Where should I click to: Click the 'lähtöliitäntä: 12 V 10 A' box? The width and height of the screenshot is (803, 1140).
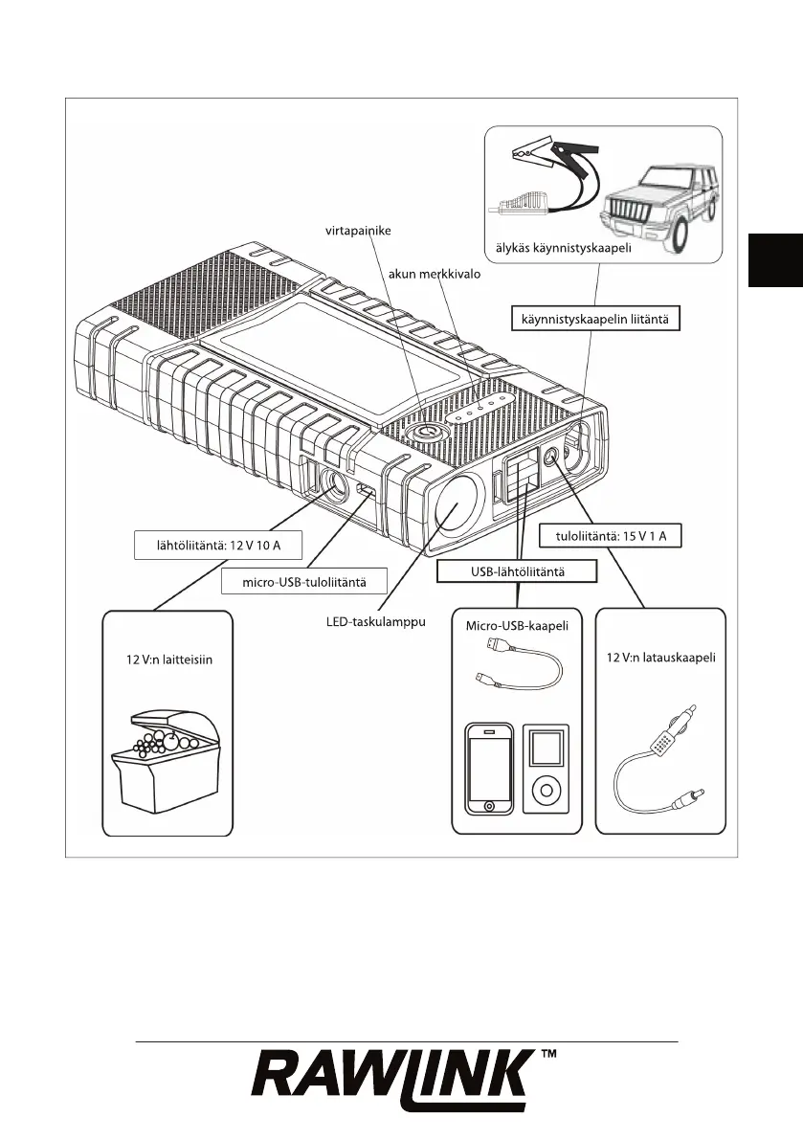[x=216, y=547]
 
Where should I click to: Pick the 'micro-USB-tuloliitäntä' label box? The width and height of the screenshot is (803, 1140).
[x=303, y=580]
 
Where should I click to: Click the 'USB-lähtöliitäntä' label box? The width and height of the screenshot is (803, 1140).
[x=517, y=571]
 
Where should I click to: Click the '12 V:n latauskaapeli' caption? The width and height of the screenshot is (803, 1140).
[x=660, y=658]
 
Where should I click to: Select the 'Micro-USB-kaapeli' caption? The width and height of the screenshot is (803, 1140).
[x=517, y=627]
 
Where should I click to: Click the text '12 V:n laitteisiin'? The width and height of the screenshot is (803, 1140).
[x=167, y=660]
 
